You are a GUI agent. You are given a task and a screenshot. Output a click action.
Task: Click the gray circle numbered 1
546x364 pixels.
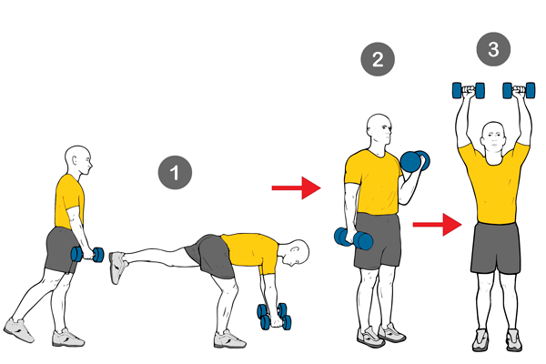tap(175, 172)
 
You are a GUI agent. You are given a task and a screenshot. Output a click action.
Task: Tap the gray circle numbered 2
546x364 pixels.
tap(378, 59)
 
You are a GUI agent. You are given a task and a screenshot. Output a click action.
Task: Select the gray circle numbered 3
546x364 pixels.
tap(492, 50)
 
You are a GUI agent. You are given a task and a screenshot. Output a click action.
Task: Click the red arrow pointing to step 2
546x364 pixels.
tap(297, 188)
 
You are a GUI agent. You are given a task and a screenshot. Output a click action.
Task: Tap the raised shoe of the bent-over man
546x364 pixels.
tap(117, 267)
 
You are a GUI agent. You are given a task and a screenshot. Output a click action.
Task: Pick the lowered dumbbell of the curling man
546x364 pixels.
tap(353, 239)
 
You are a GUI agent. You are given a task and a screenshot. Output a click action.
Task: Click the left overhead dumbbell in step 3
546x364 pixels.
tap(468, 90)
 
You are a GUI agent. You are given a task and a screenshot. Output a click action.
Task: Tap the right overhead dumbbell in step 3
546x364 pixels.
tap(519, 90)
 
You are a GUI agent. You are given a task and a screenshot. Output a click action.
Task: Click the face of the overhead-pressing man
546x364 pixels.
tap(493, 139)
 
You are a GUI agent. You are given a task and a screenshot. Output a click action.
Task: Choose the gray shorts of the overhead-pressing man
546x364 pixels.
tap(494, 248)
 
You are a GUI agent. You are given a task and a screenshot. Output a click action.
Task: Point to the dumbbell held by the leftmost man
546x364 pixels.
tap(88, 255)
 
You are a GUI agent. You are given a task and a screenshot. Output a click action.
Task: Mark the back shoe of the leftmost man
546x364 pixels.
tap(17, 329)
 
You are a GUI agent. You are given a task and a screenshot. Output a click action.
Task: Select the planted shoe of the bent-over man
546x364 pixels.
tap(229, 339)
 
